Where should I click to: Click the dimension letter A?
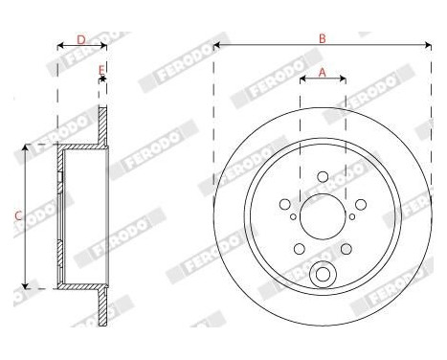(x=323, y=72)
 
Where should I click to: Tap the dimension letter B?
(x=323, y=38)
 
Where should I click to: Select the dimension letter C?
(x=16, y=216)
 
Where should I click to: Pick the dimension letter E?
(x=101, y=68)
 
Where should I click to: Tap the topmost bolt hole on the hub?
(x=323, y=175)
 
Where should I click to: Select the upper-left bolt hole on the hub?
(x=285, y=203)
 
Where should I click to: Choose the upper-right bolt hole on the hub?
(x=360, y=203)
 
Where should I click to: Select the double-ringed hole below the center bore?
(x=323, y=276)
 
